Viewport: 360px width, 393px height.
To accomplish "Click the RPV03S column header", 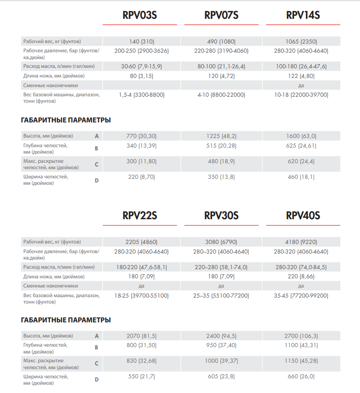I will [x=140, y=15].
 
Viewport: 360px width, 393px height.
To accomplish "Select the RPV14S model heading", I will [x=303, y=15].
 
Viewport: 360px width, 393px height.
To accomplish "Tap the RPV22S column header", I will [x=140, y=216].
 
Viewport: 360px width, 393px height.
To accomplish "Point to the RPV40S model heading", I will [x=303, y=216].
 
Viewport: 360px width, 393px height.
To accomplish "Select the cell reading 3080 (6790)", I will [x=221, y=242].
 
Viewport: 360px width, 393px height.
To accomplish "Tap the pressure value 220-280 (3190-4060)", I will [x=221, y=51].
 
